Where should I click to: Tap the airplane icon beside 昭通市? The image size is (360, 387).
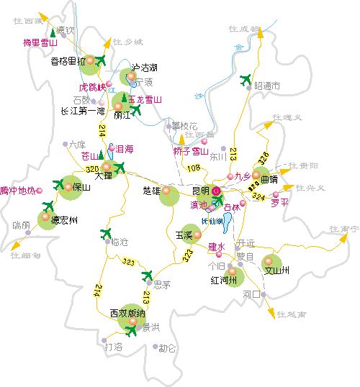click(x=246, y=78)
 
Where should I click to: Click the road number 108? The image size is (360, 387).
click(x=193, y=168)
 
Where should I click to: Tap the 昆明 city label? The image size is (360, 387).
click(x=199, y=191)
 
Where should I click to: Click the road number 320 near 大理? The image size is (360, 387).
click(x=91, y=168)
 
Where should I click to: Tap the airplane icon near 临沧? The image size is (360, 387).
click(x=107, y=232)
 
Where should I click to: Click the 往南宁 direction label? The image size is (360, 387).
click(x=343, y=229)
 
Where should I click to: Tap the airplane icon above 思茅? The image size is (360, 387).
click(x=148, y=275)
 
